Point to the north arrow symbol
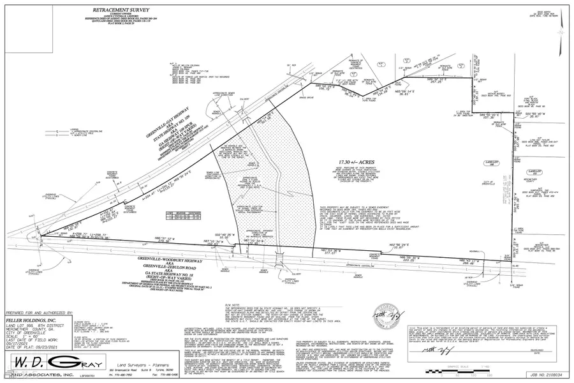pyautogui.click(x=559, y=29)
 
